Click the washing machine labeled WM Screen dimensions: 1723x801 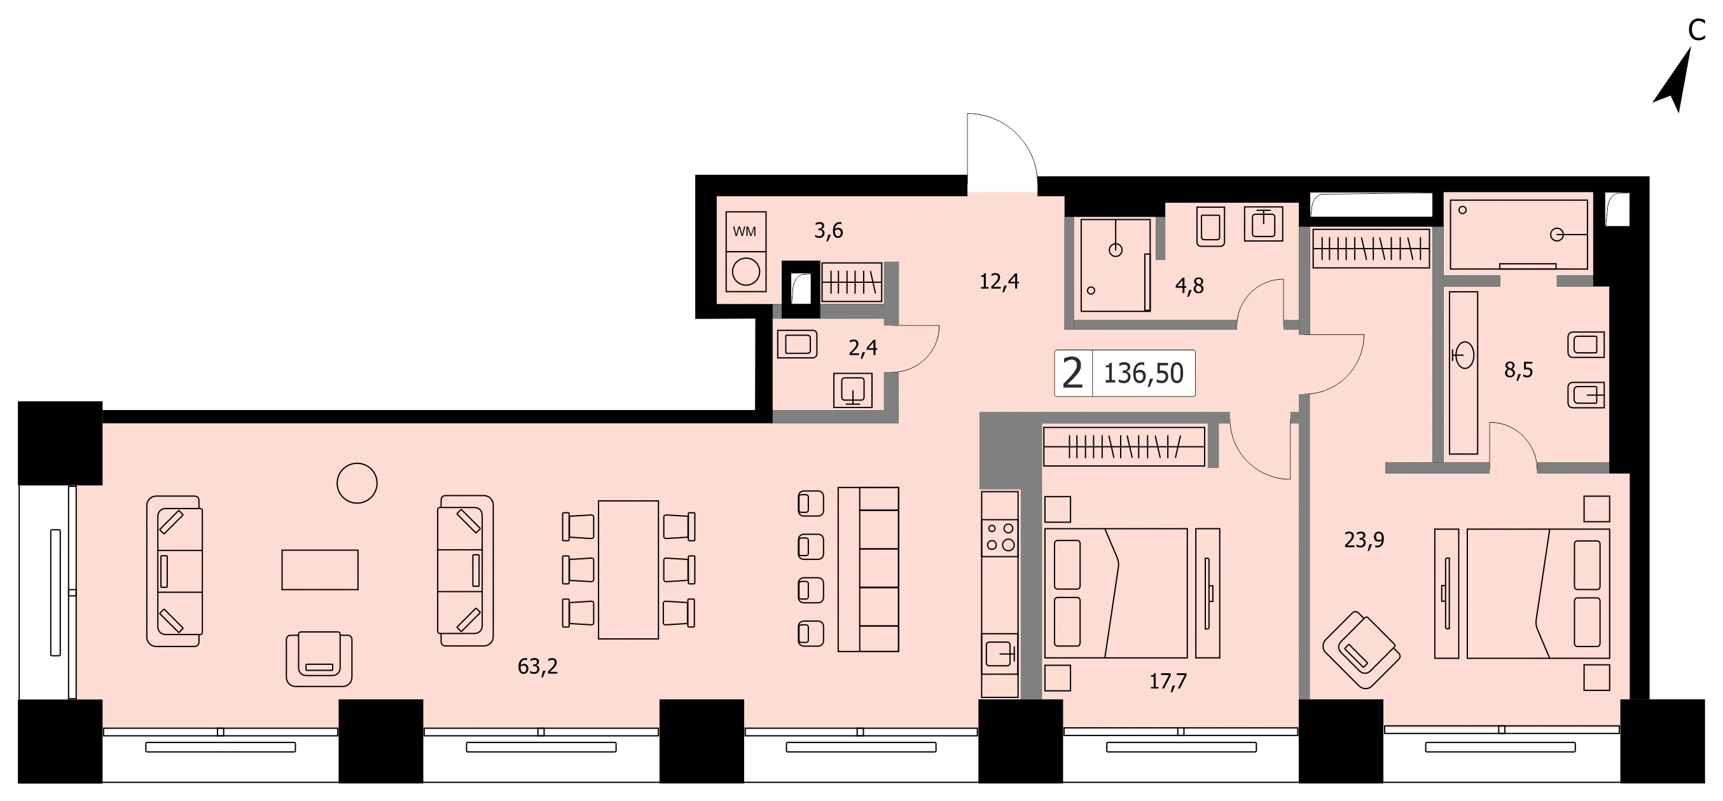[x=745, y=251]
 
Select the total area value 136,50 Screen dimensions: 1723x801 [x=1143, y=373]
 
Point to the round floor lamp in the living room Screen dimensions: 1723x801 [x=357, y=483]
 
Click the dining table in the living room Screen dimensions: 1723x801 [x=628, y=570]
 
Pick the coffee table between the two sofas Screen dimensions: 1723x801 [x=320, y=570]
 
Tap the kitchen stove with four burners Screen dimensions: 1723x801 [x=1000, y=538]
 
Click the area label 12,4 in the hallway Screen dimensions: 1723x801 [x=999, y=282]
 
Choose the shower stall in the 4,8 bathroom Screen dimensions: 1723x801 [x=1115, y=264]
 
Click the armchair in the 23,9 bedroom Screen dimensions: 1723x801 [x=1361, y=650]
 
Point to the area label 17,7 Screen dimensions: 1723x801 [x=1168, y=681]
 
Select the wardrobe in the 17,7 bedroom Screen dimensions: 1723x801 [x=1124, y=447]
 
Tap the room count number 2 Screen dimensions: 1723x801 [x=1072, y=373]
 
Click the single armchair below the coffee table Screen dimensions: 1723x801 [x=319, y=659]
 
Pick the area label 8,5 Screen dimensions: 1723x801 [x=1518, y=370]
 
